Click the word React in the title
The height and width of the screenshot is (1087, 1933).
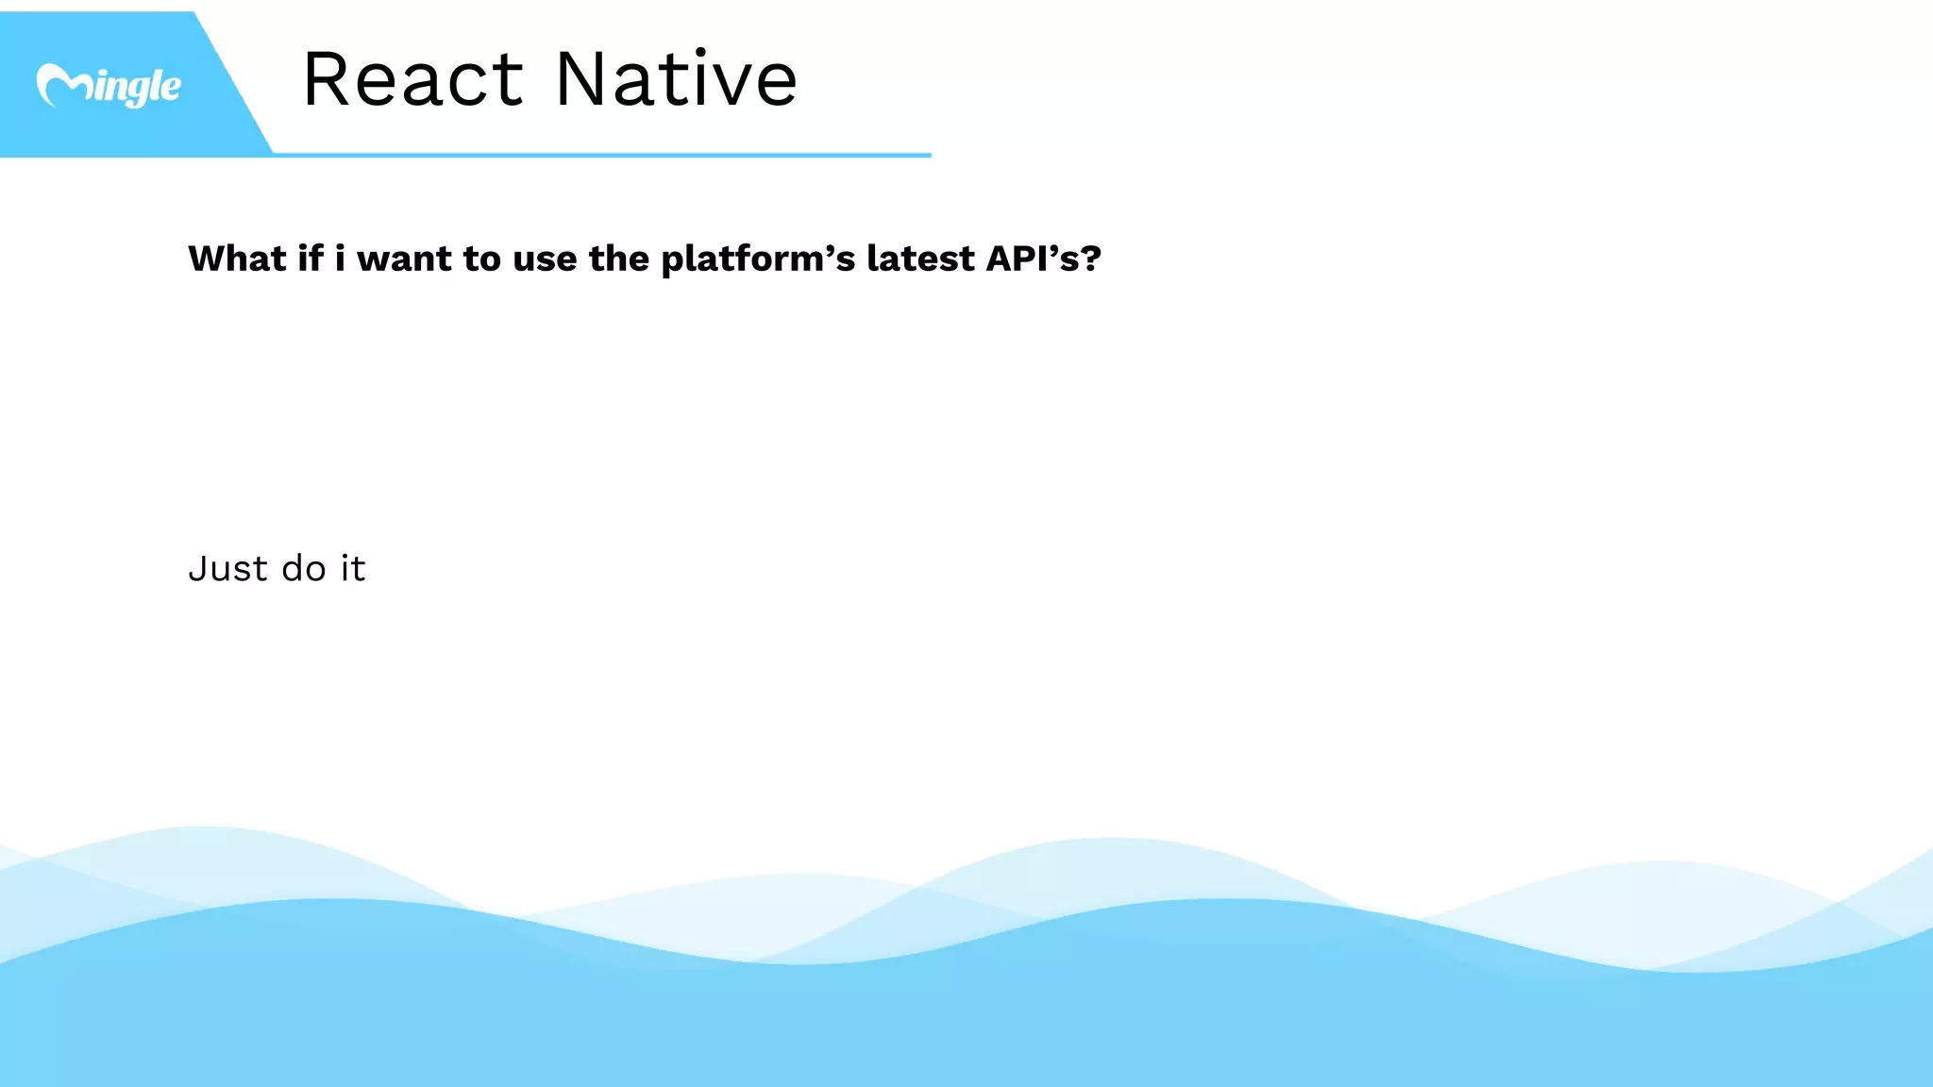(x=412, y=79)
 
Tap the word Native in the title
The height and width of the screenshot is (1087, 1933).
(x=676, y=79)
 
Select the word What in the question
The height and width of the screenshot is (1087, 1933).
(x=237, y=259)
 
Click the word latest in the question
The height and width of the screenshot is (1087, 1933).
(x=920, y=259)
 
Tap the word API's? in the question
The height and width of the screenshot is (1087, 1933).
(x=1043, y=259)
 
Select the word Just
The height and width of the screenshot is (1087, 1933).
(x=227, y=569)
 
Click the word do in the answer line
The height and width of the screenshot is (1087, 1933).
(x=304, y=569)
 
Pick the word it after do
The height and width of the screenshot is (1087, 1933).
(x=353, y=568)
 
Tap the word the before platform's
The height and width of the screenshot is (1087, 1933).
(x=618, y=259)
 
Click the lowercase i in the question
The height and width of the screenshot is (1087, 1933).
(x=340, y=258)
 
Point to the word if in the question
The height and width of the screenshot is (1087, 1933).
(x=311, y=259)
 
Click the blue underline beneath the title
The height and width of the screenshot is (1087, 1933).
(x=604, y=155)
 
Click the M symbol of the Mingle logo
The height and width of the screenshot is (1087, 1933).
(x=60, y=86)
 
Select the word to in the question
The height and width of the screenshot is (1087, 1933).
(x=481, y=259)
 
